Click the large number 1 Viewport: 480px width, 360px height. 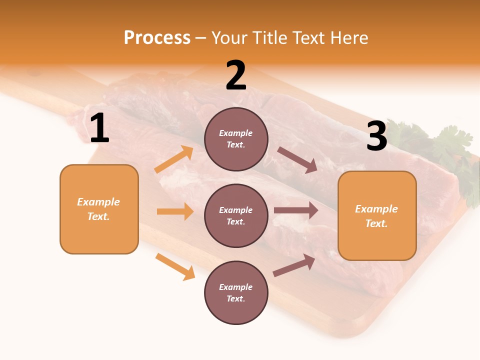[x=99, y=128]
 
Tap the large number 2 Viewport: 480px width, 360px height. [x=236, y=76]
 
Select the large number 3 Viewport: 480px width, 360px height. [x=376, y=136]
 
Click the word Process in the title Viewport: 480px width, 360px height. [x=157, y=37]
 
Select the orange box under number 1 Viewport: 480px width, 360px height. [x=99, y=209]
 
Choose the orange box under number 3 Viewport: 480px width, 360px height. [x=377, y=215]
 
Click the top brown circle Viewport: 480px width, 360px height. [x=236, y=139]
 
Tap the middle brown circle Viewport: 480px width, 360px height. [x=236, y=215]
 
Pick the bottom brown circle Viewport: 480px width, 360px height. [x=236, y=292]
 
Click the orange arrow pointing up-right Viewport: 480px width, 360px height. [x=174, y=159]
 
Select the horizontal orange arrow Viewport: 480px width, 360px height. [x=175, y=211]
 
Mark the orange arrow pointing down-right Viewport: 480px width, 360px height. [x=175, y=266]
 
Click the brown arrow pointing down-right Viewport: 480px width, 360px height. [x=297, y=159]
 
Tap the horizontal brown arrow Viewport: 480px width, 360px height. [x=296, y=210]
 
